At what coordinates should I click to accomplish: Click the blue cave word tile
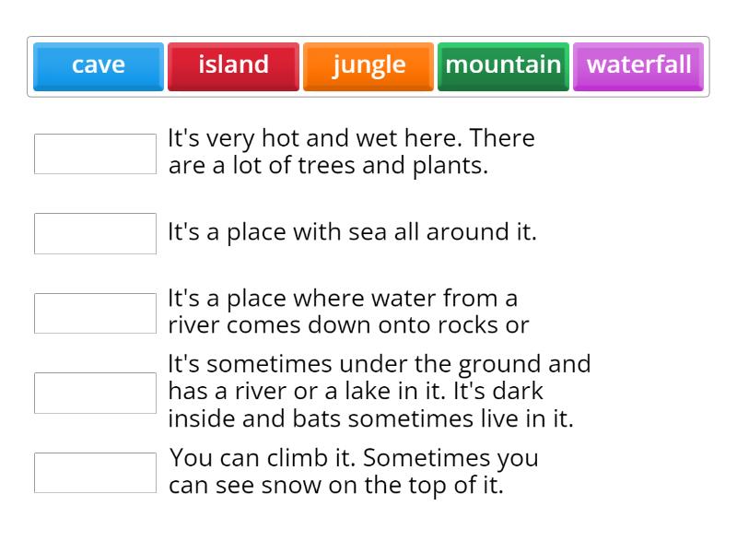[99, 65]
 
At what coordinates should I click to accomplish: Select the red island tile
[233, 65]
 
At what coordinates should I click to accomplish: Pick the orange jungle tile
[368, 65]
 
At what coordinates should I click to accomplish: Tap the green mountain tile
[503, 65]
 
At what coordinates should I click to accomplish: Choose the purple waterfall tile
[638, 65]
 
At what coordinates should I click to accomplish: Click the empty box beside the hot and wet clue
[95, 154]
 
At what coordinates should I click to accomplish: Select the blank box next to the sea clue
[95, 233]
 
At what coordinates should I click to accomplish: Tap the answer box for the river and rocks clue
[95, 313]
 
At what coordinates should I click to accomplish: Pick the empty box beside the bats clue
[95, 393]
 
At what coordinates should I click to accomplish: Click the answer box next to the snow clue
[95, 473]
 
